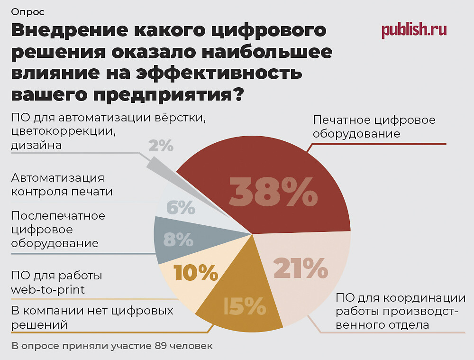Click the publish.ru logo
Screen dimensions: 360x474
(x=414, y=30)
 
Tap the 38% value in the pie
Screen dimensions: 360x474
(x=273, y=192)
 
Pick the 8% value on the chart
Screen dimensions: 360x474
(x=178, y=240)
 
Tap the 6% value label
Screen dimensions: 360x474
(x=181, y=207)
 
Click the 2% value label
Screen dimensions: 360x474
(x=161, y=146)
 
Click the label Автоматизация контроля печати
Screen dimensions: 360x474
(x=62, y=185)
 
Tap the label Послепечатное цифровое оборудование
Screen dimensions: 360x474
(x=58, y=230)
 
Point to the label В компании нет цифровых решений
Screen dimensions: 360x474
(x=92, y=318)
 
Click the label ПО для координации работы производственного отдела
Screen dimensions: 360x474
(x=401, y=312)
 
